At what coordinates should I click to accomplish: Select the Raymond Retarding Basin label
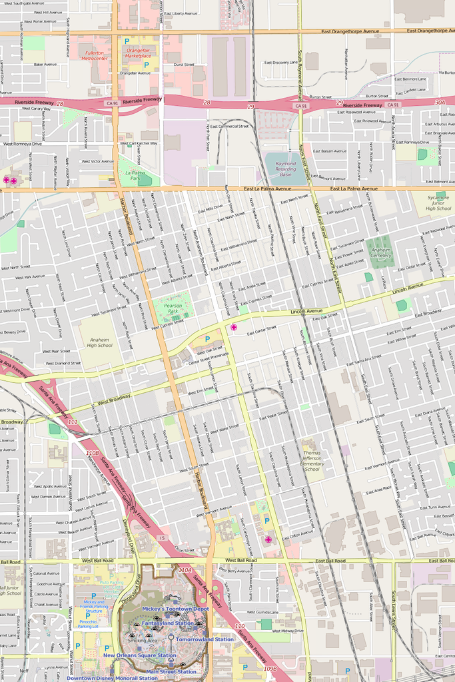click(285, 169)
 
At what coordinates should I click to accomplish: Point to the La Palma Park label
click(135, 175)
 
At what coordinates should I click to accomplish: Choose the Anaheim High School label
click(100, 342)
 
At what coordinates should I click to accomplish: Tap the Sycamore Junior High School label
click(438, 203)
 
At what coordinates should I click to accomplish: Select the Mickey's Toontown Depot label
click(175, 609)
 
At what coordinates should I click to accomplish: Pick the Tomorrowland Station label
click(205, 639)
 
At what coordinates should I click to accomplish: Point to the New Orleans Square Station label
click(139, 655)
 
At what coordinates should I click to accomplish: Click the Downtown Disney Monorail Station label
click(112, 678)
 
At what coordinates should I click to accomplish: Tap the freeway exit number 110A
click(185, 570)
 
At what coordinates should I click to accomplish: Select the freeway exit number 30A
click(440, 103)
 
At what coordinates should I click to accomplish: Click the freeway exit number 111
click(73, 422)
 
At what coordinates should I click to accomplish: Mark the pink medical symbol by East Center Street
click(233, 327)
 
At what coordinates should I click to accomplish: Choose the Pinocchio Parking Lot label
click(88, 625)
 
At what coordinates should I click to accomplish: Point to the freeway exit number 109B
click(270, 668)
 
